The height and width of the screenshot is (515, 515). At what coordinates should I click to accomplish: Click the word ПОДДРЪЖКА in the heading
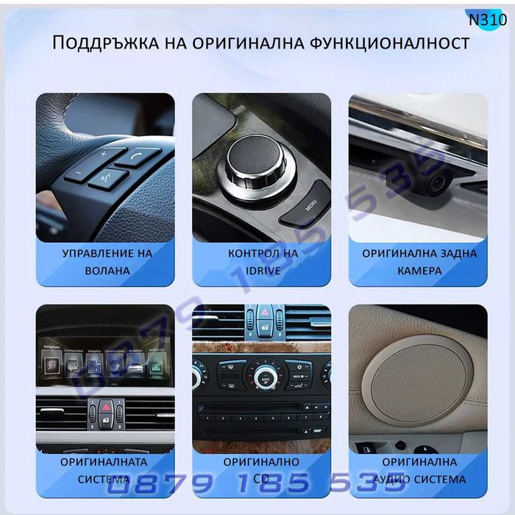(x=102, y=43)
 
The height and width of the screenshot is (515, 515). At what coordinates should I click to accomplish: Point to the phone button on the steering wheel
(x=137, y=154)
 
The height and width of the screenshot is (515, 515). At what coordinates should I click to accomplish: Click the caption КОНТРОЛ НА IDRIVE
(x=262, y=261)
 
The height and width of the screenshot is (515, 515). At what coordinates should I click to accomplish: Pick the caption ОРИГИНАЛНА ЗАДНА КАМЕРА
(x=418, y=261)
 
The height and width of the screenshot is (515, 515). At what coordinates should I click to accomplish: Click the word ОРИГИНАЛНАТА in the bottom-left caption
(x=104, y=462)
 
